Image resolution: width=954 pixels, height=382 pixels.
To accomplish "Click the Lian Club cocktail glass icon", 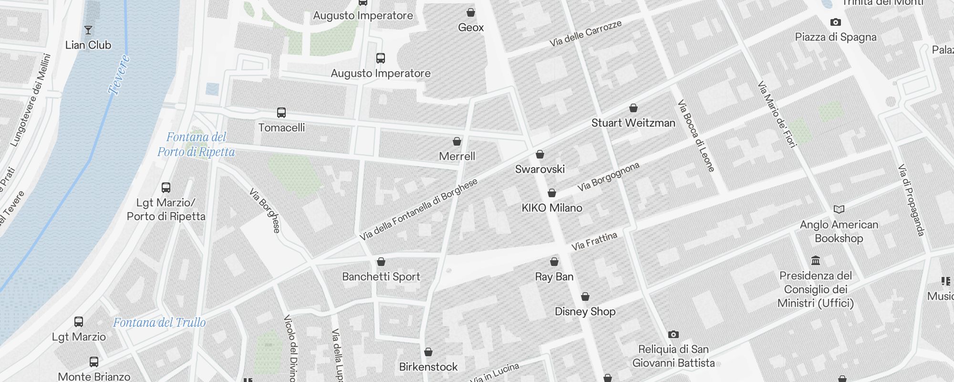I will click(88, 31).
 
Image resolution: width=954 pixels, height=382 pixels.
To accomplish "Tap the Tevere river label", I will click(119, 75).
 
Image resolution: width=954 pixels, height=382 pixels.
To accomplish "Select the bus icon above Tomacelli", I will click(281, 113).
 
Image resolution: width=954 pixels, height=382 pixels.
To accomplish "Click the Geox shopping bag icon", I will click(471, 12).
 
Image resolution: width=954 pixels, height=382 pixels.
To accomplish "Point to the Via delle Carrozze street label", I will click(585, 33).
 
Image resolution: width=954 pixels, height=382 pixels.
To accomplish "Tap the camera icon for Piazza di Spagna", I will click(835, 22).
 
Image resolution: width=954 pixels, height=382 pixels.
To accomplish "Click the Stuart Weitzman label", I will click(633, 123).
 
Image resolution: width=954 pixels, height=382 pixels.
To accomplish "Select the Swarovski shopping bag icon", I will click(540, 154).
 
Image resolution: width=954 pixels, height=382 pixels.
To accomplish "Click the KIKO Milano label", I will click(552, 208).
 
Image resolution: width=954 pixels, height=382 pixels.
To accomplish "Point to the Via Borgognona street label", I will click(608, 177).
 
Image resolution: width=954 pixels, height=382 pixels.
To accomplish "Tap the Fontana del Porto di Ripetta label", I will click(196, 144).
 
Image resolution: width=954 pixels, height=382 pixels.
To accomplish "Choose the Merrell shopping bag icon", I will click(457, 141).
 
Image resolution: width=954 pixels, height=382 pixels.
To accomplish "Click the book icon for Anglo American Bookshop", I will click(839, 209).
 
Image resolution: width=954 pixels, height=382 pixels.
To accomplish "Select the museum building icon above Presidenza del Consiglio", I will click(816, 261).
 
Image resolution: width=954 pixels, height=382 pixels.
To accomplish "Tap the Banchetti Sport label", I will click(381, 277).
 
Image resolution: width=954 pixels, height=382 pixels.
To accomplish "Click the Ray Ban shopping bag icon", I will click(554, 262).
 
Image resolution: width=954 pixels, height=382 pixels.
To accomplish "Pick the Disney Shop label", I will click(585, 312).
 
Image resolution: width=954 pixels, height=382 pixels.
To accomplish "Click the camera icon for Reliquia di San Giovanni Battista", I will click(673, 334).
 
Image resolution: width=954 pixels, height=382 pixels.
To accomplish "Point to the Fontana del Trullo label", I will click(159, 323).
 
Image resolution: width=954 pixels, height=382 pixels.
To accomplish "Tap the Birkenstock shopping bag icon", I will click(428, 352).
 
